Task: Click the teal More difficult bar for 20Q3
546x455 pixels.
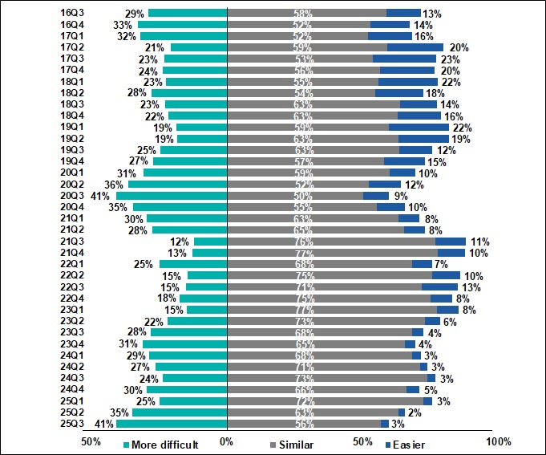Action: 172,196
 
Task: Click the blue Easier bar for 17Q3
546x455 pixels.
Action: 404,59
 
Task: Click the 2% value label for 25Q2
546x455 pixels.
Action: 415,412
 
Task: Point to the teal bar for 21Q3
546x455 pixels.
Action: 211,242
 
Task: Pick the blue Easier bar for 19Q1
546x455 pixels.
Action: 419,127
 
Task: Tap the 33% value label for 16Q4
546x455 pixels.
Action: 123,25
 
